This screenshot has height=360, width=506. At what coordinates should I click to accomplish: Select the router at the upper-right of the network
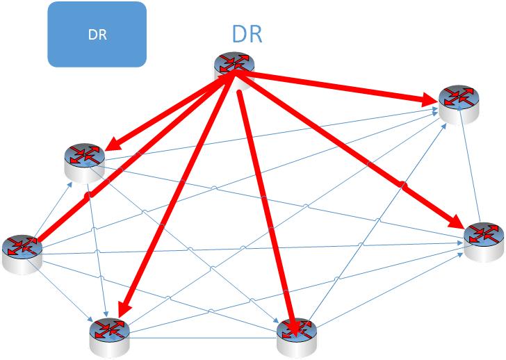click(x=457, y=100)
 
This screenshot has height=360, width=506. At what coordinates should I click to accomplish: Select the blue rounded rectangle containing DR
click(x=97, y=34)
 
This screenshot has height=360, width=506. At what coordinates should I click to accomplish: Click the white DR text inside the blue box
click(x=97, y=35)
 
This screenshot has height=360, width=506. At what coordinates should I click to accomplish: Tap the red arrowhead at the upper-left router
click(x=109, y=147)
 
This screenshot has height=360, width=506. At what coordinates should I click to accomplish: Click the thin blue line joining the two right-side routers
click(x=471, y=167)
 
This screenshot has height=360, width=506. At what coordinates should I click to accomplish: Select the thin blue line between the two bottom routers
click(x=202, y=338)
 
